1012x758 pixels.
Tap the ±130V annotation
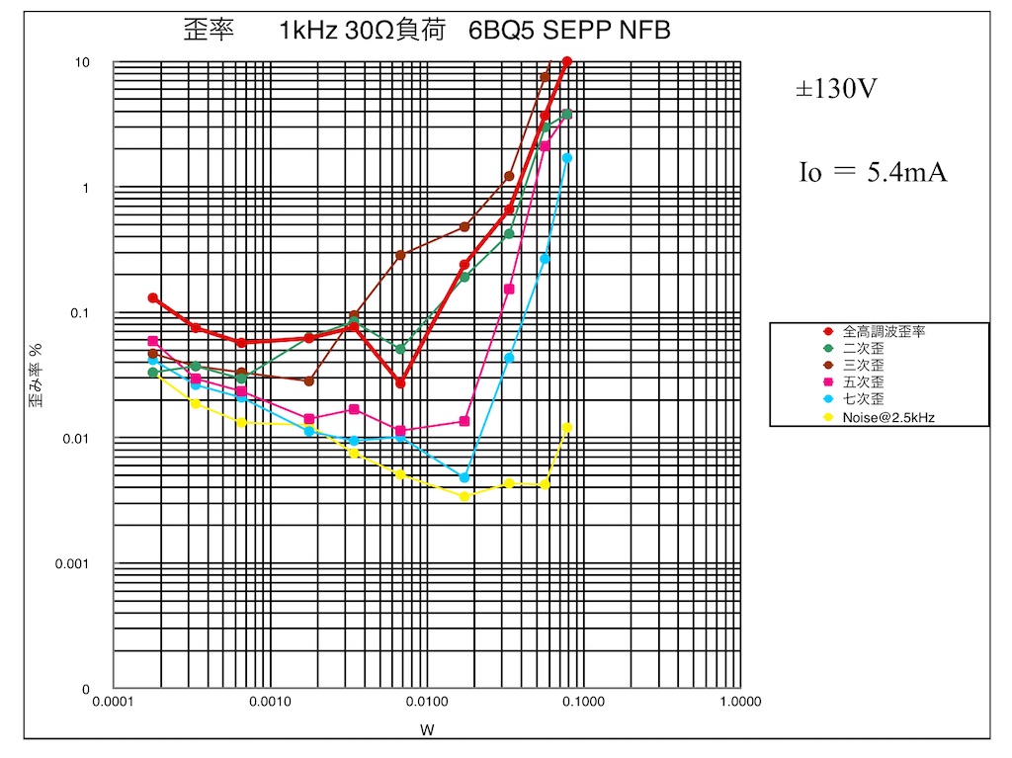[837, 90]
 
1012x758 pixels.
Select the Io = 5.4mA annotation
[873, 172]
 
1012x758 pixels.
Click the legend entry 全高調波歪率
[884, 332]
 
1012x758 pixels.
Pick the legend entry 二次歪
[863, 349]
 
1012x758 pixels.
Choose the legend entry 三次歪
[863, 366]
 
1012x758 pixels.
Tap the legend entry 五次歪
[863, 382]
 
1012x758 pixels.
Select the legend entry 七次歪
[863, 399]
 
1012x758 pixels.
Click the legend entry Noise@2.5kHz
[888, 417]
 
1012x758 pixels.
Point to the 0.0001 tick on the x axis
[114, 701]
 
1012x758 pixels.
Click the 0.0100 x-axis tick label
[426, 701]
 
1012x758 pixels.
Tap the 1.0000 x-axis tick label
[738, 701]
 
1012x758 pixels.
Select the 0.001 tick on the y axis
[77, 564]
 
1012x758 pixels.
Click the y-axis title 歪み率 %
[36, 377]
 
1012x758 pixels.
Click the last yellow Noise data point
[567, 428]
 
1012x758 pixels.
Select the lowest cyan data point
[464, 477]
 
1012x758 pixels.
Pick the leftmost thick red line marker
[153, 297]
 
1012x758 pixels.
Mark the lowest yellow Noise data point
[464, 496]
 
